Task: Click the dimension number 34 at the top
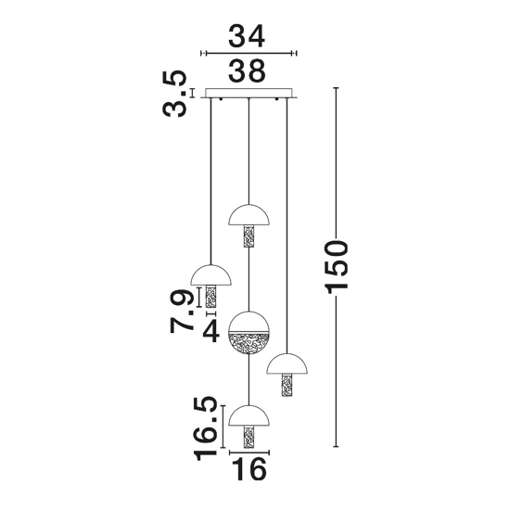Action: coord(247,36)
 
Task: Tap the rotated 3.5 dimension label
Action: coord(174,94)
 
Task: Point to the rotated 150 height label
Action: coord(338,267)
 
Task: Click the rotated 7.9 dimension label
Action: coord(181,311)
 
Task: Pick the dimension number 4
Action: coord(210,331)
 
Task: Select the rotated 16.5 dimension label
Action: coord(205,428)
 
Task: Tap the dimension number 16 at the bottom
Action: coord(250,469)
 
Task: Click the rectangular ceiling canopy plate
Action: coord(249,93)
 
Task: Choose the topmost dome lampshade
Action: coord(249,215)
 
